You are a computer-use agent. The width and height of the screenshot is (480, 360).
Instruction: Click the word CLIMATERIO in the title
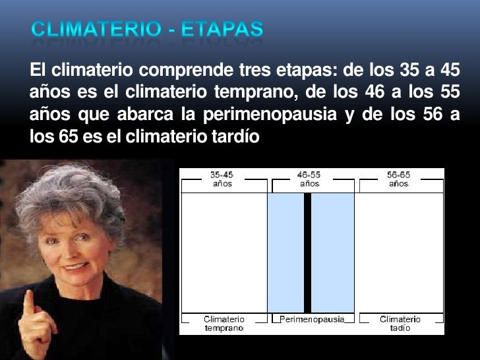click(x=96, y=29)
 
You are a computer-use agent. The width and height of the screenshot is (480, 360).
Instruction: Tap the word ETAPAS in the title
click(x=222, y=29)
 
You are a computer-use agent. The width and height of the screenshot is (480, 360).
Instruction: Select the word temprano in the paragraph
click(x=256, y=92)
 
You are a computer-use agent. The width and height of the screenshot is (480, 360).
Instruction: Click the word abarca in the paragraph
click(x=145, y=114)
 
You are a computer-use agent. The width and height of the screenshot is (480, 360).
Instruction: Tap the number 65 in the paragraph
click(x=69, y=136)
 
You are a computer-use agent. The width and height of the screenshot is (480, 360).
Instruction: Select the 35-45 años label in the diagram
click(x=222, y=179)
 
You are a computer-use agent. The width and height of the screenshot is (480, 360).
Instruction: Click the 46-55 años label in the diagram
click(x=309, y=179)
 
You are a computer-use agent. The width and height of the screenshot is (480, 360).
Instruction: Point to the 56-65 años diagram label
click(x=398, y=179)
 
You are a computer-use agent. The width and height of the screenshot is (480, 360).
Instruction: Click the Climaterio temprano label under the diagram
click(x=224, y=324)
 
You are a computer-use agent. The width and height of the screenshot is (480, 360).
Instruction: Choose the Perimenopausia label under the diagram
click(x=312, y=319)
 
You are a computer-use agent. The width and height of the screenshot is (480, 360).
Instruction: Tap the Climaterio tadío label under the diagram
click(x=400, y=324)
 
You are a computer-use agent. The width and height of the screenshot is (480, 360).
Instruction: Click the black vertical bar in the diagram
click(x=307, y=253)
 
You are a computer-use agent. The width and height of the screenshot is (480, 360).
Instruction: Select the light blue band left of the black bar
click(x=286, y=253)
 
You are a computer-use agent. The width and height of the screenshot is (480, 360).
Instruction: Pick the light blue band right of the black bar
click(x=332, y=253)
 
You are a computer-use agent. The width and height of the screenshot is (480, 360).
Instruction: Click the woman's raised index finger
click(x=29, y=303)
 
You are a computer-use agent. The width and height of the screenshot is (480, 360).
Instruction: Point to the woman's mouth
click(x=74, y=267)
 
